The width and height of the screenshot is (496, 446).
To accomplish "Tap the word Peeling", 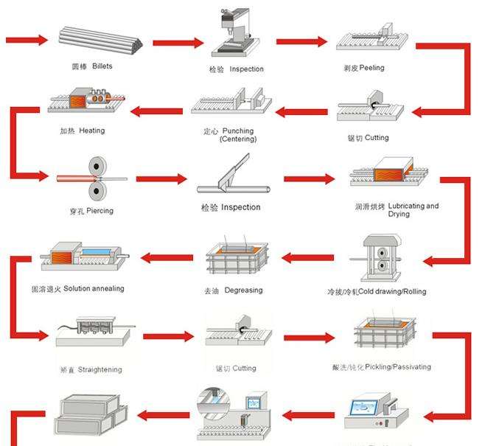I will (x=371, y=68).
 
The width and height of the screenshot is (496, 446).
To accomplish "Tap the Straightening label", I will (x=91, y=369).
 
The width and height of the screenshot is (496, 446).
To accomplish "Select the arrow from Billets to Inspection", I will (x=178, y=42).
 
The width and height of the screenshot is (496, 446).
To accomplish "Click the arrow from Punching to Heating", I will (x=156, y=111).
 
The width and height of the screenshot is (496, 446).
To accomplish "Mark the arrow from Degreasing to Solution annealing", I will (x=167, y=257).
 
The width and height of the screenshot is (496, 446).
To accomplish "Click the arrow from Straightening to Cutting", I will (x=168, y=337).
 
